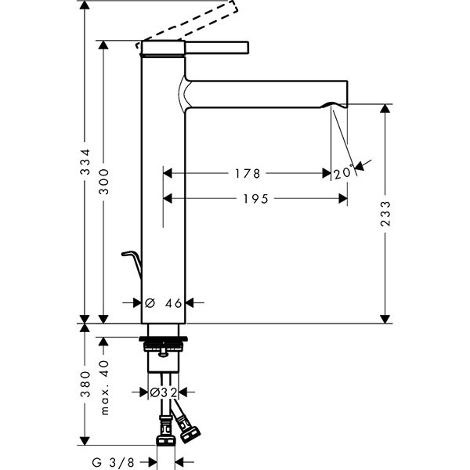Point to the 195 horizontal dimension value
(255, 199)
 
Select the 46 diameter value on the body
(174, 302)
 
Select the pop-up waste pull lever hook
(132, 258)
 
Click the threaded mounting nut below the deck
(163, 343)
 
